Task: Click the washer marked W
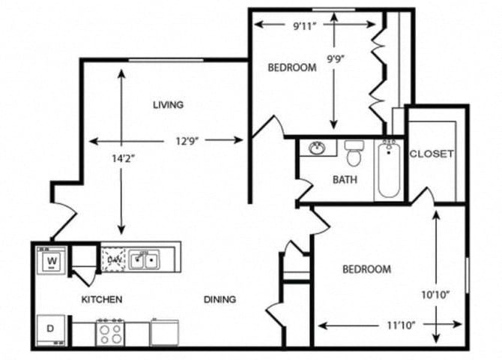pos(52,262)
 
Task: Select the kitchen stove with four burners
pos(110,331)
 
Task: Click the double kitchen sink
pos(144,260)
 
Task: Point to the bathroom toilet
pos(354,153)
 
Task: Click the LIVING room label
pos(168,105)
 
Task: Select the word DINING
pos(220,299)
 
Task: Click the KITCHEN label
pos(102,299)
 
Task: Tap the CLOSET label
pos(432,154)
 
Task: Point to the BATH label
pos(345,180)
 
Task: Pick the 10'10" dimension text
pos(435,295)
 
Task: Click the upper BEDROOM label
pos(292,67)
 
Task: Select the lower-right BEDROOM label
pos(367,269)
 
